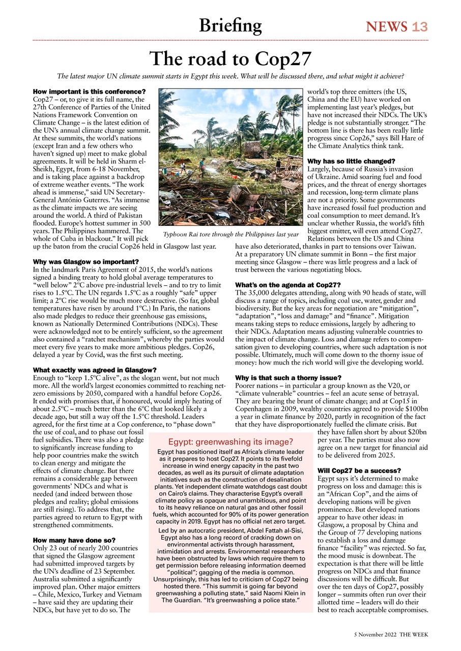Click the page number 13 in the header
point(419,27)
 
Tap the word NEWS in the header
point(387,27)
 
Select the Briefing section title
point(231,25)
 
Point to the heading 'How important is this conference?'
point(82,92)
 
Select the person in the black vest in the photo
point(278,165)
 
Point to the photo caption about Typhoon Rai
point(231,234)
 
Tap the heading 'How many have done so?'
point(74,540)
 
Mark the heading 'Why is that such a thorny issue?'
point(288,378)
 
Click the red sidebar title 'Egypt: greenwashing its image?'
point(231,441)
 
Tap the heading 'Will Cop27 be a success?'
point(360,470)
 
